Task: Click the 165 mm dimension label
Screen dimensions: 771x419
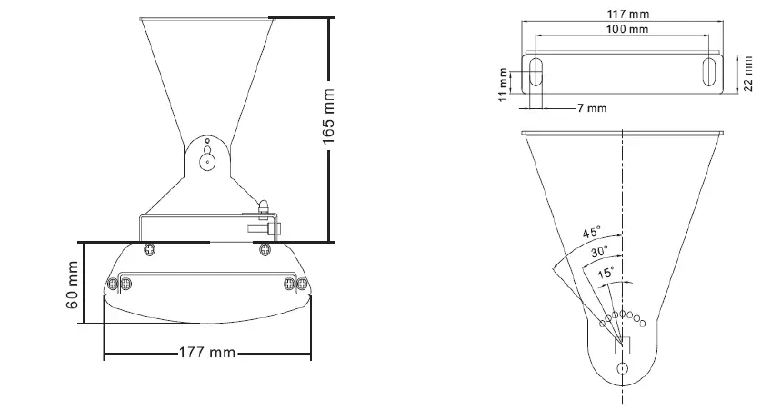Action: point(328,116)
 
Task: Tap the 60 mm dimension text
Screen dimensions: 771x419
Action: point(73,284)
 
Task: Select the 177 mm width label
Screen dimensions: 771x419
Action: point(207,353)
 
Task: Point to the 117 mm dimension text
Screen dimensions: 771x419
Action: point(628,15)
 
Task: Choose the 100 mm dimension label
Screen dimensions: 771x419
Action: point(627,29)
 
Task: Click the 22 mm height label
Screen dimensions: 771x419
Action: point(748,74)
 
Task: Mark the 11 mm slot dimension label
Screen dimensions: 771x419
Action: point(503,85)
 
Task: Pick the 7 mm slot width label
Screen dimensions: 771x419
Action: point(592,107)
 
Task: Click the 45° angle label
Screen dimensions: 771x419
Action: point(592,232)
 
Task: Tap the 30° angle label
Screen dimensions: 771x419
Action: point(599,252)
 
